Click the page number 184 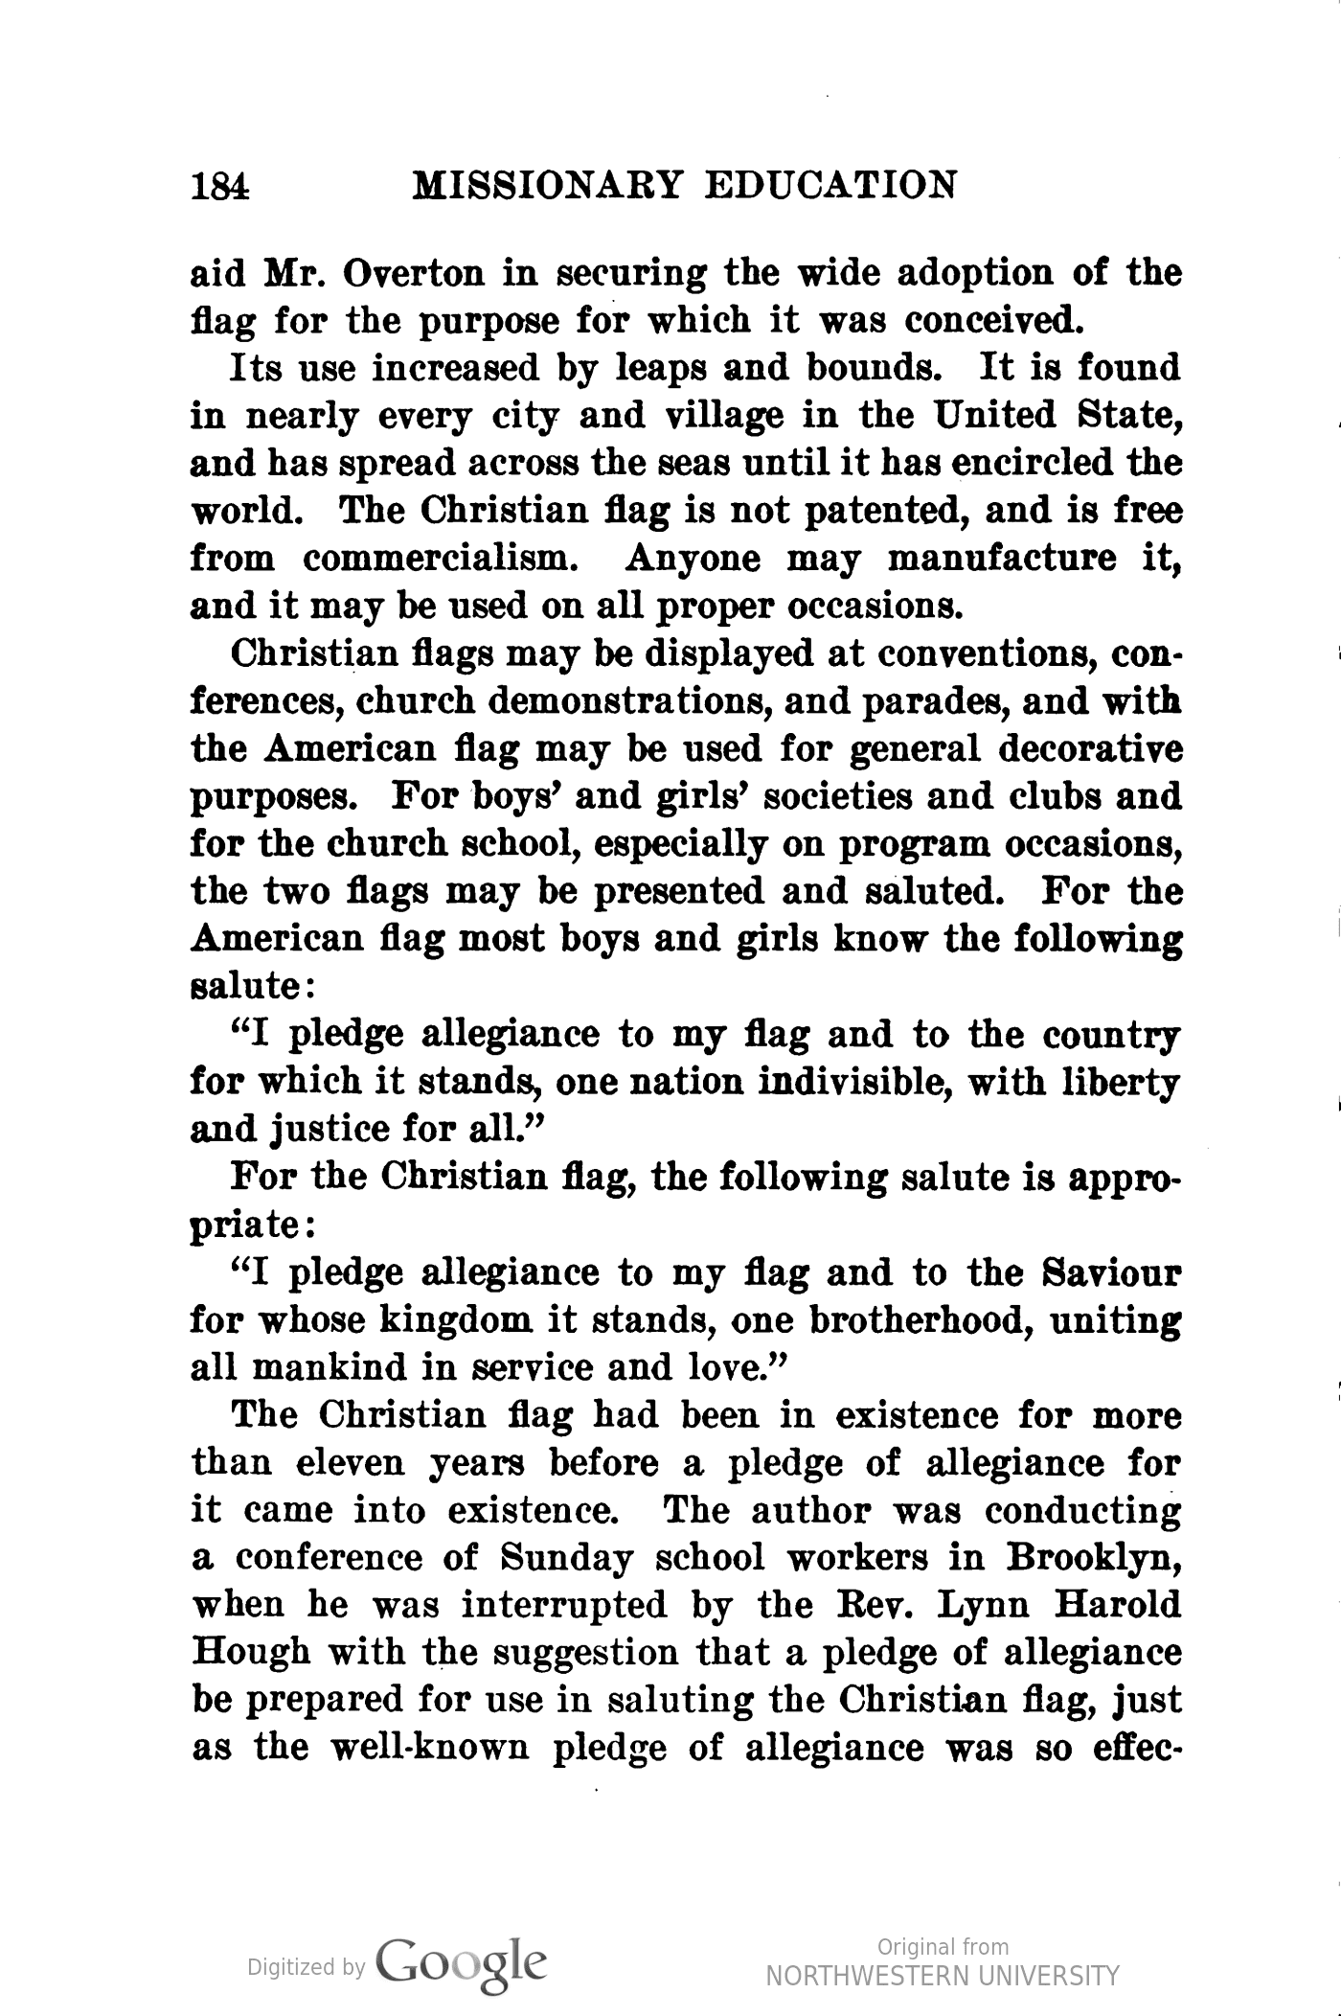click(220, 184)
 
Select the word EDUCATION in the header click(830, 184)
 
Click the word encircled click(1017, 463)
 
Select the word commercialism click(440, 559)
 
